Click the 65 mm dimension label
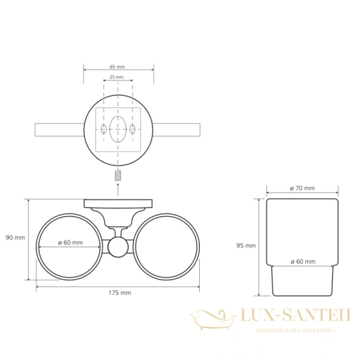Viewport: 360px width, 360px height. [117, 67]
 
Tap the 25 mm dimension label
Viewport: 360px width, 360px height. [116, 77]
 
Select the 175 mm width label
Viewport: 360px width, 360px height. [120, 293]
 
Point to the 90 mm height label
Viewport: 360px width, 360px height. [16, 238]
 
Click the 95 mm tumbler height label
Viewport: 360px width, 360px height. [246, 245]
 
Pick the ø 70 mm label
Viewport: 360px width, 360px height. [302, 188]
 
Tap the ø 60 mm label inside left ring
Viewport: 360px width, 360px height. [70, 242]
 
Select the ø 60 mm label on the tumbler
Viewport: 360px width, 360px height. [303, 262]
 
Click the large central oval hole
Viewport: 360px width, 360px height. [118, 129]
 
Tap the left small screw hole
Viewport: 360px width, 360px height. [104, 129]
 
